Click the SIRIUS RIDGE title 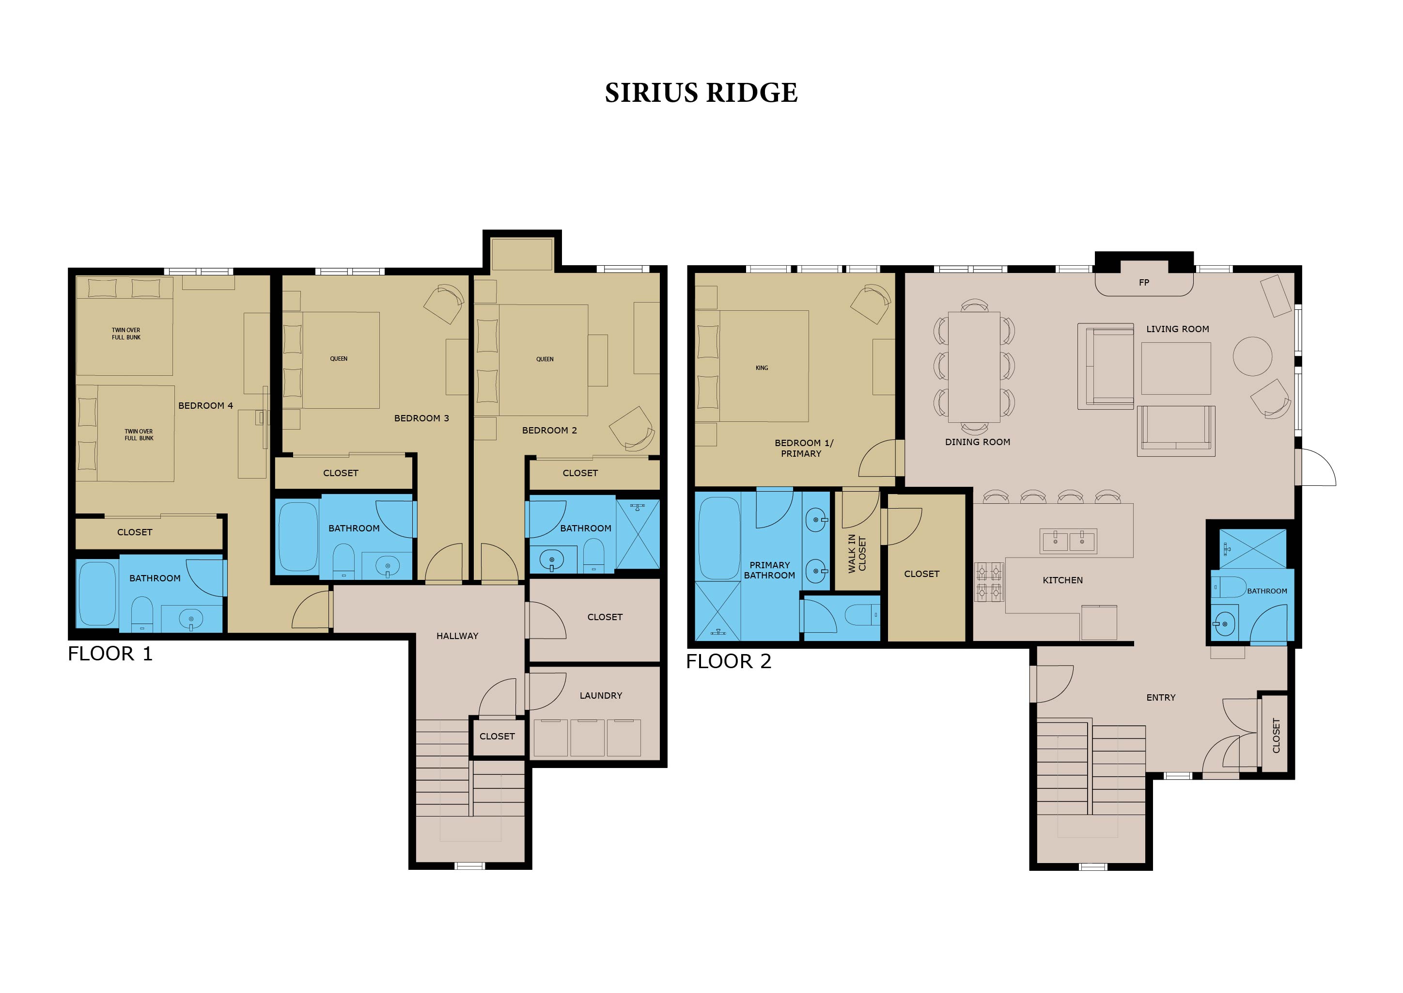(x=701, y=93)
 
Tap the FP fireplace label (x=1144, y=283)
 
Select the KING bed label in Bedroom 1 (x=762, y=368)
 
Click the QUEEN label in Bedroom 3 (x=339, y=359)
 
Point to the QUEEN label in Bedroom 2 (x=545, y=360)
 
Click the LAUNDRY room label (x=601, y=696)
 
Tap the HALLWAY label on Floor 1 (x=457, y=636)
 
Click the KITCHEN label (x=1062, y=580)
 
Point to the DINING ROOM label (x=978, y=442)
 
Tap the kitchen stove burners (x=989, y=581)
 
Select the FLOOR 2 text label (x=728, y=661)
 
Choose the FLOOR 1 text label (x=110, y=654)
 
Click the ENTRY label (x=1160, y=698)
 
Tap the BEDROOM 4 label (x=205, y=406)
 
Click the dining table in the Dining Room (x=974, y=367)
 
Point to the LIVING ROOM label (x=1178, y=329)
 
